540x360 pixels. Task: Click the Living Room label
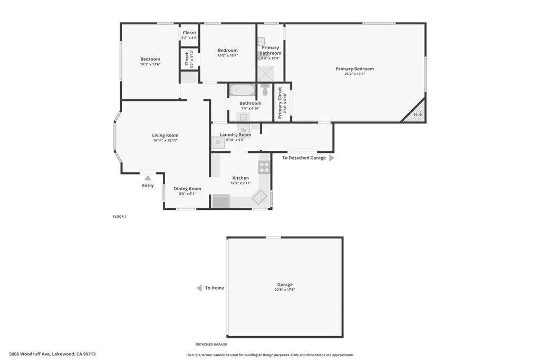165,135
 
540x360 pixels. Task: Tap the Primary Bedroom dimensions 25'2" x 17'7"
354,74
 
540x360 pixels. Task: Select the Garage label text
285,285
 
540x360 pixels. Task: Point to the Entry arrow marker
148,178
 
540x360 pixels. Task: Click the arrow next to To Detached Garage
332,158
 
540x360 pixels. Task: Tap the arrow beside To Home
199,288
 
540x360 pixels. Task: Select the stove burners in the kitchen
264,167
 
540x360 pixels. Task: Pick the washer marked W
244,130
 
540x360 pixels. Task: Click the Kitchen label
240,178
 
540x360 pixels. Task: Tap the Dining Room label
188,189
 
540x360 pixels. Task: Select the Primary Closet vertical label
279,103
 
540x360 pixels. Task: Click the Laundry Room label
235,135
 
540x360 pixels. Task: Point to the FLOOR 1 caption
120,217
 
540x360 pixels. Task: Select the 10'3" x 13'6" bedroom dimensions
150,64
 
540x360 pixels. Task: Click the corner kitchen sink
259,198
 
